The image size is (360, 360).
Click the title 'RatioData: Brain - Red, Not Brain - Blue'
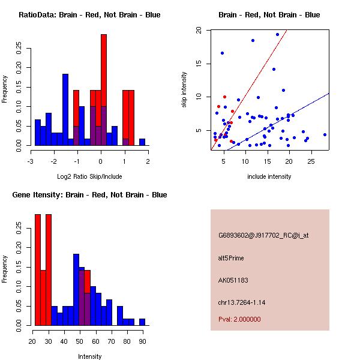click(89, 15)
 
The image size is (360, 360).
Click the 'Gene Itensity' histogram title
click(89, 195)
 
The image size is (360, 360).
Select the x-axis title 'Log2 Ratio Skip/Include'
click(89, 176)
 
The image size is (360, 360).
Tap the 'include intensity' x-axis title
click(269, 176)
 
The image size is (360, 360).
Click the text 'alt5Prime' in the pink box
click(231, 258)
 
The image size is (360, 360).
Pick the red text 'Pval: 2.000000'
click(239, 319)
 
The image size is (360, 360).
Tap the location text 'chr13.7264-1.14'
click(242, 302)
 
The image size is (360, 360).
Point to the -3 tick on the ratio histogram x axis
click(31, 161)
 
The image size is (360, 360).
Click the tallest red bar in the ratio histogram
click(104, 90)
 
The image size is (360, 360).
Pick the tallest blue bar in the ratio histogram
click(65, 109)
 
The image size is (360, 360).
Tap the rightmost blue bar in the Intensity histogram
click(142, 322)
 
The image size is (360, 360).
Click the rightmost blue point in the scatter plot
click(325, 134)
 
